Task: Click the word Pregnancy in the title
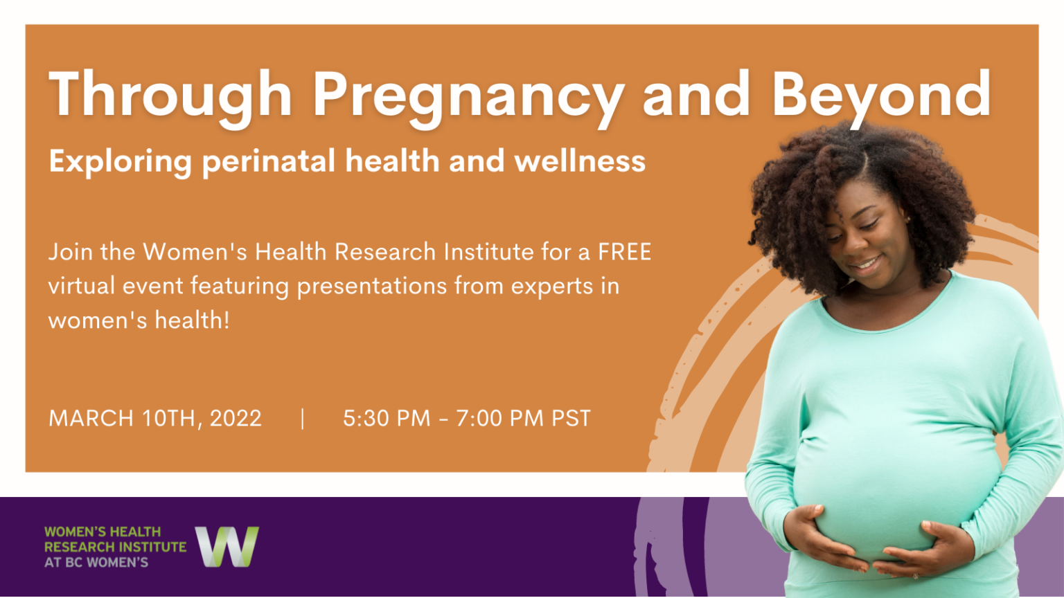[x=468, y=96]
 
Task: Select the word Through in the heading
[x=170, y=96]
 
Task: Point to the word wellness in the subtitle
[x=580, y=162]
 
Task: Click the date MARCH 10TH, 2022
[x=155, y=418]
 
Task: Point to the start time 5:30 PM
[x=387, y=418]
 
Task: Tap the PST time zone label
[x=571, y=418]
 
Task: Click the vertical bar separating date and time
[x=303, y=418]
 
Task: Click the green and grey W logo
[x=227, y=547]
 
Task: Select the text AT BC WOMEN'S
[x=96, y=563]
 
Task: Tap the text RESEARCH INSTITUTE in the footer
[x=115, y=547]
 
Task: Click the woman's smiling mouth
[x=867, y=264]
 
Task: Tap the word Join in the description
[x=70, y=252]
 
